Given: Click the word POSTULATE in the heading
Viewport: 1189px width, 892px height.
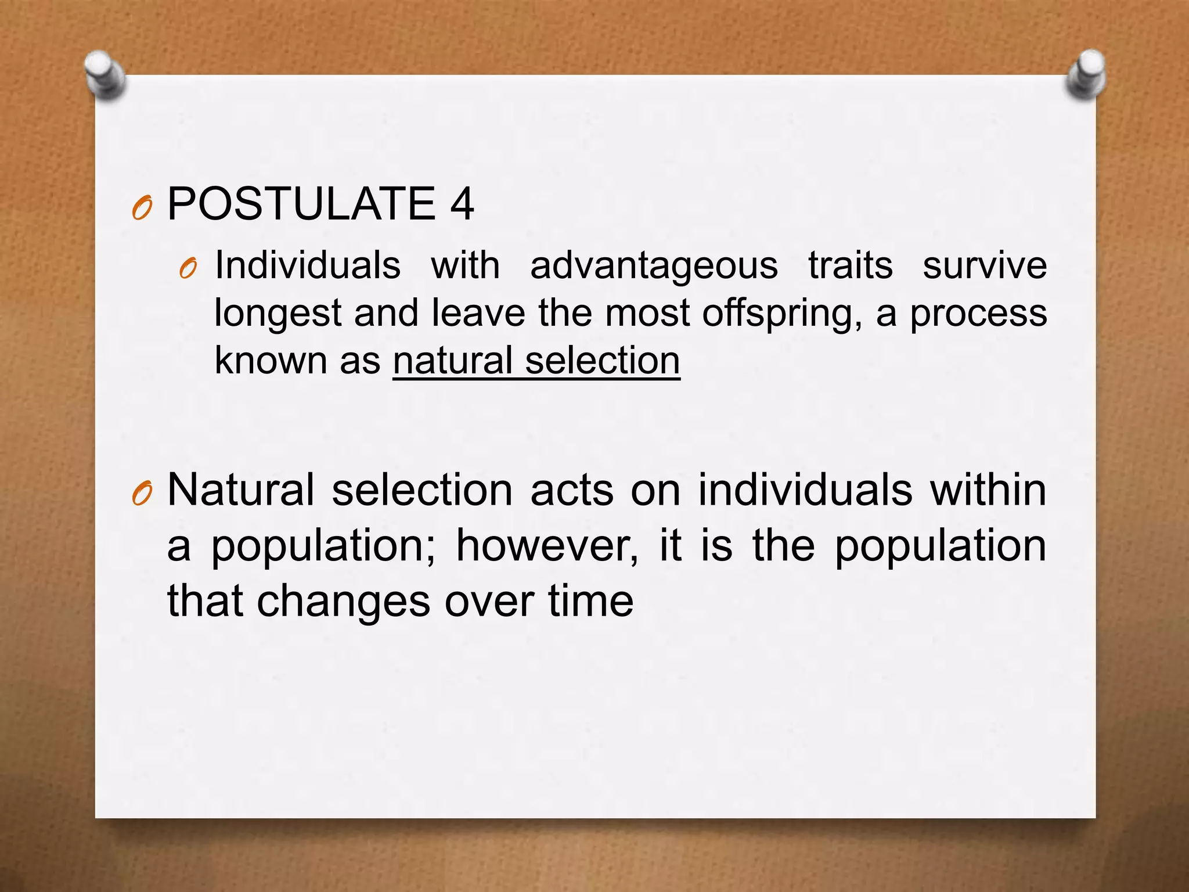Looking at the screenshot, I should (x=301, y=204).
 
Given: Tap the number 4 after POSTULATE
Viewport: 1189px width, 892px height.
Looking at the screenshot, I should (x=462, y=204).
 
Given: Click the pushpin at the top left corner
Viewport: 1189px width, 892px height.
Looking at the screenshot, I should (x=105, y=75).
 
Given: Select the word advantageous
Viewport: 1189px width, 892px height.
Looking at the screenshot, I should (x=654, y=266).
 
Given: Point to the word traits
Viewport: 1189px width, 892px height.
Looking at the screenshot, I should (x=850, y=266).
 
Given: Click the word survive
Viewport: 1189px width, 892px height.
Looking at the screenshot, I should (x=985, y=266).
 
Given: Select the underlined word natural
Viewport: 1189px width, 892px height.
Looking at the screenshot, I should (x=452, y=361).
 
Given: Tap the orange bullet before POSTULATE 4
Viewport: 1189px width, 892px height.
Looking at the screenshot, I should (x=142, y=208).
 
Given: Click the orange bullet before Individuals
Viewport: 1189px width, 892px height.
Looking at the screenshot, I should (x=189, y=269).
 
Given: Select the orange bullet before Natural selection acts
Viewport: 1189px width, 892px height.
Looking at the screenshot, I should (x=142, y=494).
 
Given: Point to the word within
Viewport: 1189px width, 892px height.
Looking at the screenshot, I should (x=988, y=490).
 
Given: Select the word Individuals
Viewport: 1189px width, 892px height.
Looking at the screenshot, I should (x=308, y=266).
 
